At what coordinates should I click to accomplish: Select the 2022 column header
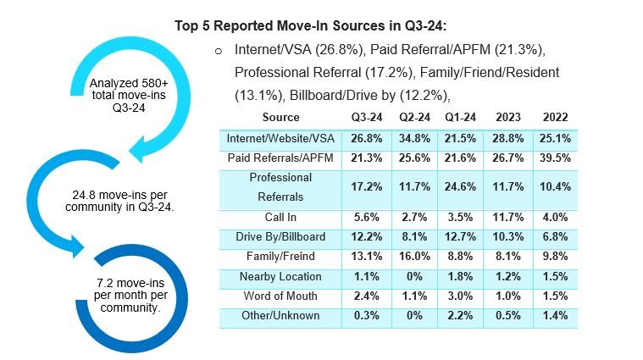click(x=556, y=117)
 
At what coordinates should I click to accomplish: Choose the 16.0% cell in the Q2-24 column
click(x=414, y=257)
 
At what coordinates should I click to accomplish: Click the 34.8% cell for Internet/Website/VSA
click(x=414, y=137)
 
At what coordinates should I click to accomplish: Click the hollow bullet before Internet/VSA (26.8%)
click(x=219, y=51)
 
